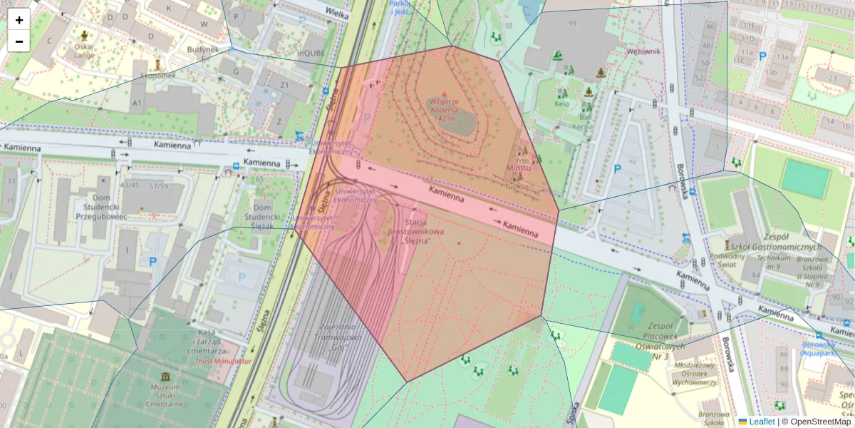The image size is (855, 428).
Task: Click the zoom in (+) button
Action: [x=19, y=20]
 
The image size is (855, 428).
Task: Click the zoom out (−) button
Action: [x=19, y=41]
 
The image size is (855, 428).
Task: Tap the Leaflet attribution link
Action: [x=761, y=422]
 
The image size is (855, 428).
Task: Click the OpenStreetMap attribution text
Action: [x=818, y=422]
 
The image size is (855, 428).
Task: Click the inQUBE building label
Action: [x=311, y=51]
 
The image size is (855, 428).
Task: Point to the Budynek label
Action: [x=202, y=50]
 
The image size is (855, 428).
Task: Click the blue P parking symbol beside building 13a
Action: [x=762, y=56]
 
